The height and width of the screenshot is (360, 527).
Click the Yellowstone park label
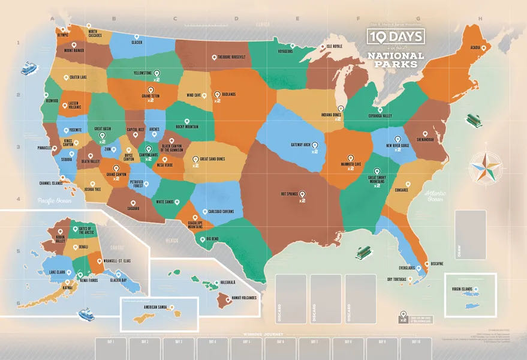tap(142, 73)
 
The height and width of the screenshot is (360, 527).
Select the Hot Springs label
tap(289, 194)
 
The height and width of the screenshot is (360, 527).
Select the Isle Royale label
tap(334, 46)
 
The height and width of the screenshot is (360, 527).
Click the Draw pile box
tap(470, 234)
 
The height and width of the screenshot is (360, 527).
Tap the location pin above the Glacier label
tap(136, 37)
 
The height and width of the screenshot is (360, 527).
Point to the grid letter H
tap(480, 18)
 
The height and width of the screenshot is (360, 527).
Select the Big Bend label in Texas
tap(214, 239)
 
